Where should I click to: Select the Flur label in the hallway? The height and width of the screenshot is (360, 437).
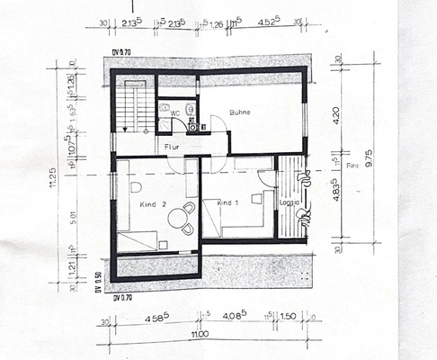[x=172, y=145]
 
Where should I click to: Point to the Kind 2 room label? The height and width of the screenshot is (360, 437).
[x=154, y=205]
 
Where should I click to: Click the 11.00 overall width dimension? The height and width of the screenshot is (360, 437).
[x=200, y=334]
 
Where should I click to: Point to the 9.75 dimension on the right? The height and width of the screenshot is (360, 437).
[x=362, y=171]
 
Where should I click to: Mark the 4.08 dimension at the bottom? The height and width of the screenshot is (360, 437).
[x=236, y=317]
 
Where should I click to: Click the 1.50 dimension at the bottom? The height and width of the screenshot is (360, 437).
[x=288, y=317]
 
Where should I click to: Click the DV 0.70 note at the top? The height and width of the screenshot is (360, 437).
[x=121, y=54]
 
